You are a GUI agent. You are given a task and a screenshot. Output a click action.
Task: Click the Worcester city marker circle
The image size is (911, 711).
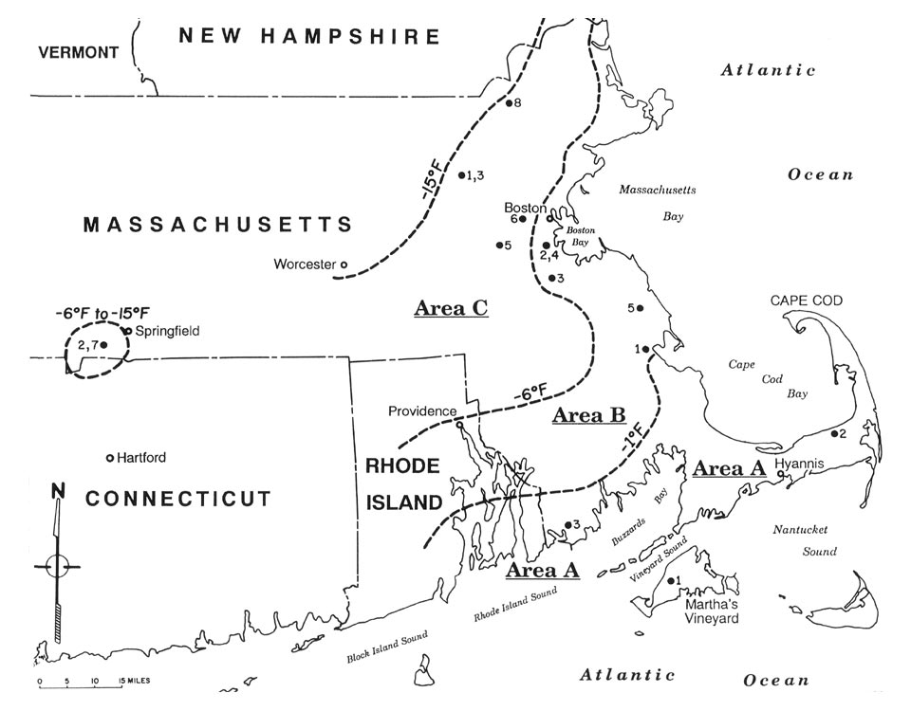pyautogui.click(x=344, y=264)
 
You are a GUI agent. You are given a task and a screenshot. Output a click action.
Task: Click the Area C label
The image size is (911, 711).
pyautogui.click(x=451, y=307)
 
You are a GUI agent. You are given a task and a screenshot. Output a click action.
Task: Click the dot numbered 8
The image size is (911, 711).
pyautogui.click(x=509, y=103)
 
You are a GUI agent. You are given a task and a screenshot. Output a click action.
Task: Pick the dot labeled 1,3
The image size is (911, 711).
pyautogui.click(x=461, y=174)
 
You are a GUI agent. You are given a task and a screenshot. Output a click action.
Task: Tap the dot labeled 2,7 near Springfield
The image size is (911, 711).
pyautogui.click(x=103, y=345)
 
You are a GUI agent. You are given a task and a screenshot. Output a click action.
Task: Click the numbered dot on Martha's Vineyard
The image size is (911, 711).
pyautogui.click(x=671, y=580)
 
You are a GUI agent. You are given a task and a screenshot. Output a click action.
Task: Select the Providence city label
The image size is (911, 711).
pyautogui.click(x=423, y=411)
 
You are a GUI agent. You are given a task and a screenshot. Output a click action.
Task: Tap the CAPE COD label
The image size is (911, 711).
pyautogui.click(x=807, y=301)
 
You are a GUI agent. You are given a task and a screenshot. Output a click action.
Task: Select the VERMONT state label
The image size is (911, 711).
pyautogui.click(x=78, y=52)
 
